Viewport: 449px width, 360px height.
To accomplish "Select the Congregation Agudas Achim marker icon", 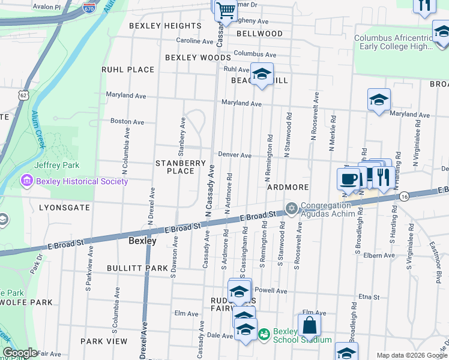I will [292, 209].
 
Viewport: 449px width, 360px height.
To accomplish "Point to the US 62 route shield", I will [23, 95].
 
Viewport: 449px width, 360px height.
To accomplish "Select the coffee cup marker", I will [349, 178].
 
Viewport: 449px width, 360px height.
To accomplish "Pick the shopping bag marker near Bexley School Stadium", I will [310, 326].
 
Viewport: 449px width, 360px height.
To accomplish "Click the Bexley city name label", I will [143, 241].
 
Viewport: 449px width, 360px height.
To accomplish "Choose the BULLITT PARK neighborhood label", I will [137, 268].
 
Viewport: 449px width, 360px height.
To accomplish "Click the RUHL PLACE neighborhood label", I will [128, 70].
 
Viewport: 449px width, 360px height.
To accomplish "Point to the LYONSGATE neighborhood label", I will [64, 208].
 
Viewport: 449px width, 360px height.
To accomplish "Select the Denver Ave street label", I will [234, 155].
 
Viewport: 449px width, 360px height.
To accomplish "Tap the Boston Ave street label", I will [127, 121].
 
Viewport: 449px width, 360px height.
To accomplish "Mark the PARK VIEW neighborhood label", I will [104, 341].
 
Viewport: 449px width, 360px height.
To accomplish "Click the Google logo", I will [20, 353].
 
